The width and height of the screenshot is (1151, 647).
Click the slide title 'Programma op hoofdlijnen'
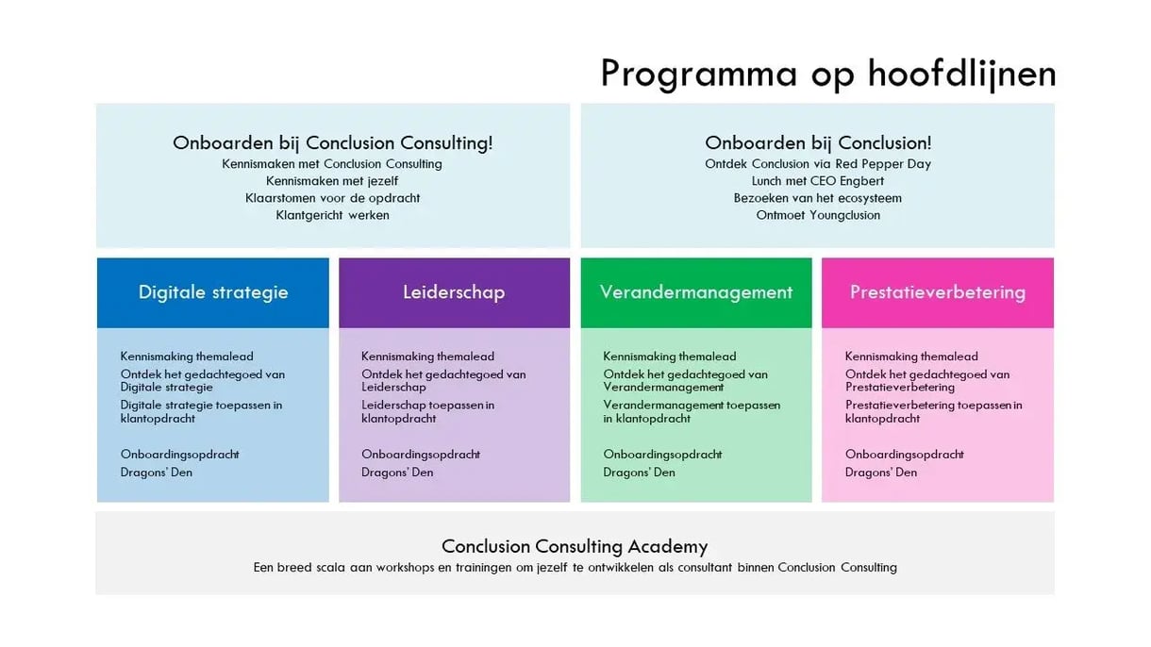tap(827, 74)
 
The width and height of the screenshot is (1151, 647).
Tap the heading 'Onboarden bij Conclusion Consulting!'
tap(332, 143)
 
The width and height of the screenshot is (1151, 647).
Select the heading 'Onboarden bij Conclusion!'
tap(818, 143)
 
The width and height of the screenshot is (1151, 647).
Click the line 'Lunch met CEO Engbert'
tap(818, 181)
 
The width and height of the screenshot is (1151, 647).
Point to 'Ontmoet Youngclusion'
tap(818, 215)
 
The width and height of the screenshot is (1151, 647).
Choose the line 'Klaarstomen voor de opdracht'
tap(332, 198)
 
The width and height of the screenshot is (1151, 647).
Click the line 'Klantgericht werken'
tap(332, 215)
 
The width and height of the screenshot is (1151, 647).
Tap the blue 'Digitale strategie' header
tap(213, 292)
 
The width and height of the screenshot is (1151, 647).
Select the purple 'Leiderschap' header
tap(454, 292)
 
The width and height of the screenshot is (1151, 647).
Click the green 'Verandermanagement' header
tap(696, 292)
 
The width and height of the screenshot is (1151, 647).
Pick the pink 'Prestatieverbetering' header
tap(938, 292)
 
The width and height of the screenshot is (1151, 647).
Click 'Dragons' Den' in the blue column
tap(157, 473)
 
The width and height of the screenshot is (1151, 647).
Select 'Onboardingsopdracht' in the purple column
tap(421, 455)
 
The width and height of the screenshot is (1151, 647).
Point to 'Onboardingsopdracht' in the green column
tap(663, 455)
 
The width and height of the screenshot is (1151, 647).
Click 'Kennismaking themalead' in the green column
tap(670, 357)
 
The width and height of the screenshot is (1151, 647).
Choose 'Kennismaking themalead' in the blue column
tap(187, 357)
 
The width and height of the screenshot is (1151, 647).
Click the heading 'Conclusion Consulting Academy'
tap(575, 546)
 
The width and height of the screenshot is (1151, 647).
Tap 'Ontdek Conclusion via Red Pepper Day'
tap(818, 164)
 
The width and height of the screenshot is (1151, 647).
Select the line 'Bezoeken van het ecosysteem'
tap(818, 198)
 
